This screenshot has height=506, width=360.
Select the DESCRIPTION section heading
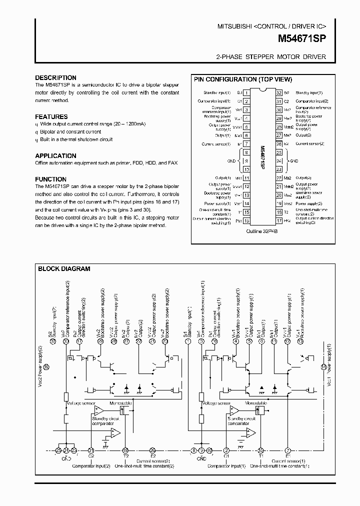55,78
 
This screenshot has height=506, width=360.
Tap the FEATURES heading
51,116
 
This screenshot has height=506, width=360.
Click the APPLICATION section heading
55,156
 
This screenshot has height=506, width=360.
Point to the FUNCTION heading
50,179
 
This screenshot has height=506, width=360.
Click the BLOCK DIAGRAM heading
64,268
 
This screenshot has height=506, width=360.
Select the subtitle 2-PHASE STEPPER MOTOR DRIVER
271,57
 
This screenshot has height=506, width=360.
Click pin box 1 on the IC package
246,93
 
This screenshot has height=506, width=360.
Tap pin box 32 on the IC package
278,93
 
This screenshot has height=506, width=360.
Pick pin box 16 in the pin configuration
246,220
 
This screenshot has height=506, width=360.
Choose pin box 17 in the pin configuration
278,220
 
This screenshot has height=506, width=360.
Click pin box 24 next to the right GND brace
278,161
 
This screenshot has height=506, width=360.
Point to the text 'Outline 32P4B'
262,232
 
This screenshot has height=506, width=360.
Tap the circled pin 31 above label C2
90,450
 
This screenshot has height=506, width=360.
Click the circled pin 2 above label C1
226,450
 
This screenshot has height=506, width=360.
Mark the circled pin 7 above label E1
287,450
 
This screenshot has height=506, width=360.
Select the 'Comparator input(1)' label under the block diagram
229,466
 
